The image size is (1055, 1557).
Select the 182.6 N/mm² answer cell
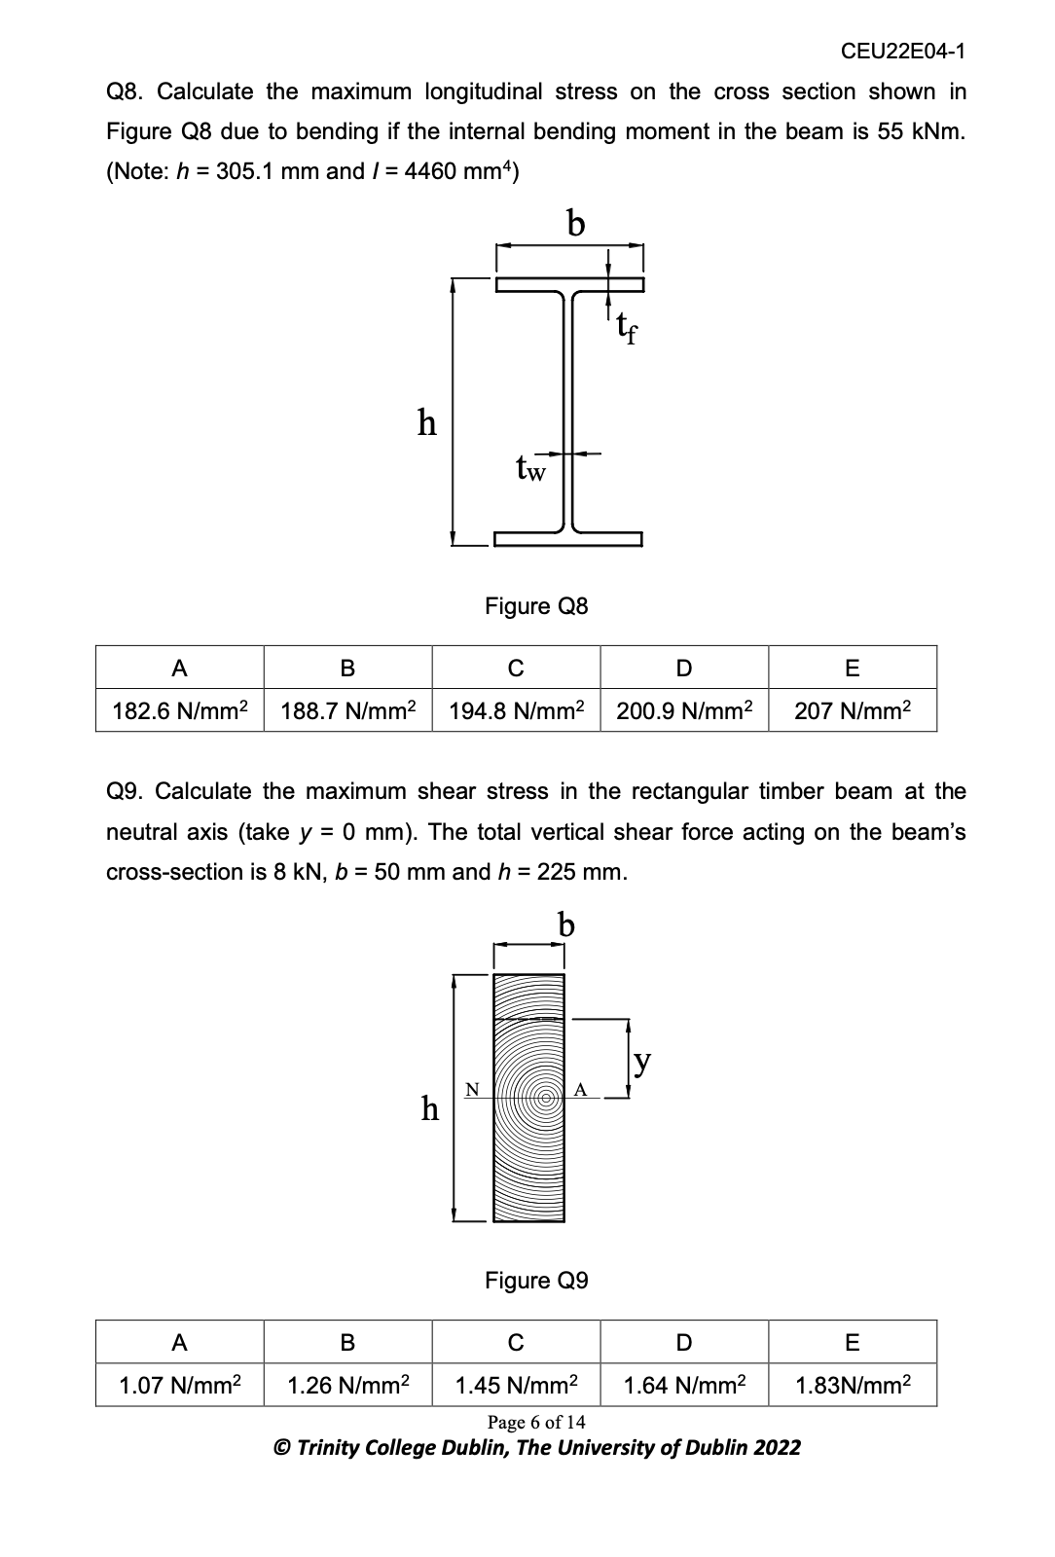click(180, 709)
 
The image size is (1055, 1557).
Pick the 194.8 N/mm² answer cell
click(516, 709)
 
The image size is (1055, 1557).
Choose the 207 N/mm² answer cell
click(853, 709)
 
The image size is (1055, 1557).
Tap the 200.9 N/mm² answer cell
click(684, 709)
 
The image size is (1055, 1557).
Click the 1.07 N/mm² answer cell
click(180, 1385)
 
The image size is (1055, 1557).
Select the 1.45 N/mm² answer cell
click(516, 1385)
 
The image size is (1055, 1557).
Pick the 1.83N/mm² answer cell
click(853, 1385)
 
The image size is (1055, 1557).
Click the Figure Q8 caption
click(536, 606)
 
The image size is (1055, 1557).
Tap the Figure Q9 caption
click(536, 1281)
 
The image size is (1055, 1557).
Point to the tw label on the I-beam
click(530, 470)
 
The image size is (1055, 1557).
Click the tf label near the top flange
click(627, 333)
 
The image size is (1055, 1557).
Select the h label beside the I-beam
click(426, 423)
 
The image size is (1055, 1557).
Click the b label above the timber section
click(565, 924)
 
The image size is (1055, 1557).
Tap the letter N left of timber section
click(472, 1089)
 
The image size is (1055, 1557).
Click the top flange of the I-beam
click(569, 284)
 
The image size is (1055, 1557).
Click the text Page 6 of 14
click(536, 1423)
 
